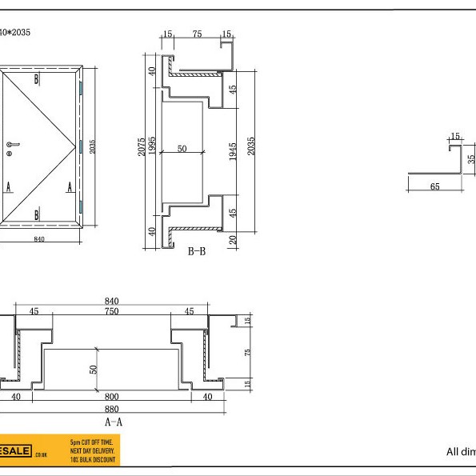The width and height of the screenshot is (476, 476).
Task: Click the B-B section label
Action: click(198, 251)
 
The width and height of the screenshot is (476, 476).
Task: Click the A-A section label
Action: click(114, 420)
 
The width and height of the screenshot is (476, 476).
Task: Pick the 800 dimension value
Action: click(112, 395)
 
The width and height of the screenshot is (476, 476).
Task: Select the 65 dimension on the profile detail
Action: click(434, 186)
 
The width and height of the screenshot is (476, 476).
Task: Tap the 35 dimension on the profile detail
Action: click(472, 158)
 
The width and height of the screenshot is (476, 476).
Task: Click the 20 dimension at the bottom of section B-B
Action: click(233, 241)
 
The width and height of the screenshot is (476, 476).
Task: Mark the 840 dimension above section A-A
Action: click(112, 301)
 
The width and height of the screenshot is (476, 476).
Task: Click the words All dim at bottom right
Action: click(460, 451)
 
